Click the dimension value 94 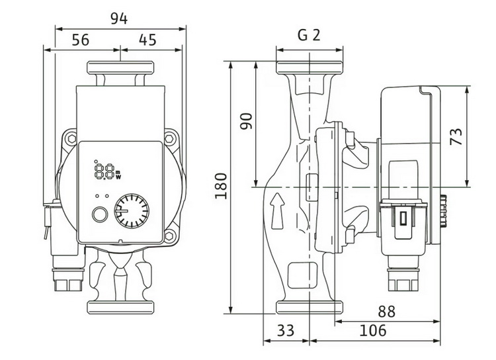119,19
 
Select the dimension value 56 81,40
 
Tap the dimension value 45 147,40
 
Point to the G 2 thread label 309,35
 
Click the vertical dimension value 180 221,186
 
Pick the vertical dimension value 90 247,121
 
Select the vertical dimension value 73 456,136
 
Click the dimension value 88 387,312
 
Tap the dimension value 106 373,331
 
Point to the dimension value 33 286,331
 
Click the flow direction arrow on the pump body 277,211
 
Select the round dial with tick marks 132,211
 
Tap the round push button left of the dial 100,214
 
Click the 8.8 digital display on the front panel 104,171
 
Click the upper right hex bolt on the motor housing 170,139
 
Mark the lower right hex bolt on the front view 169,236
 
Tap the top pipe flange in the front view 120,67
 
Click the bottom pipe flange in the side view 310,308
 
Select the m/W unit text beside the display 118,175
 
